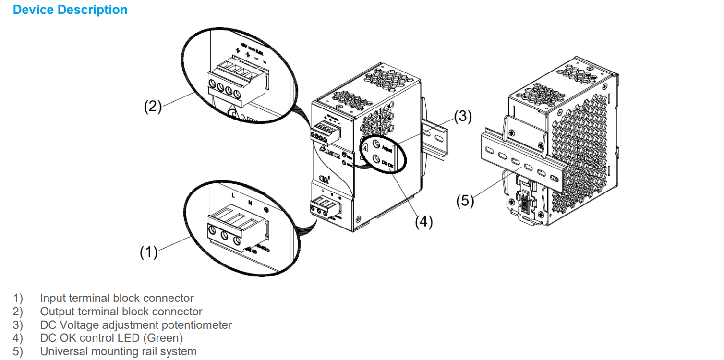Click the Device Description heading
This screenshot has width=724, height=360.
click(70, 10)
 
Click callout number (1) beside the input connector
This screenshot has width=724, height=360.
click(148, 252)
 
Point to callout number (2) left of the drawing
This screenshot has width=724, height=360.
click(153, 107)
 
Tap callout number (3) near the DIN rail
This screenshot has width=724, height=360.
click(463, 116)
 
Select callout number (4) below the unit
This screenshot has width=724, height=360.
click(424, 222)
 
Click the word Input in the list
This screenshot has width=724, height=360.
click(51, 298)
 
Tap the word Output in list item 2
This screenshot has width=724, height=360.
click(55, 312)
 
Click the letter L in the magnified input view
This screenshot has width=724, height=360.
click(233, 196)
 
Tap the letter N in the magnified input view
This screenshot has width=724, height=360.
click(250, 203)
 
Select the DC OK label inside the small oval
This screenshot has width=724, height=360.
click(387, 165)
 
